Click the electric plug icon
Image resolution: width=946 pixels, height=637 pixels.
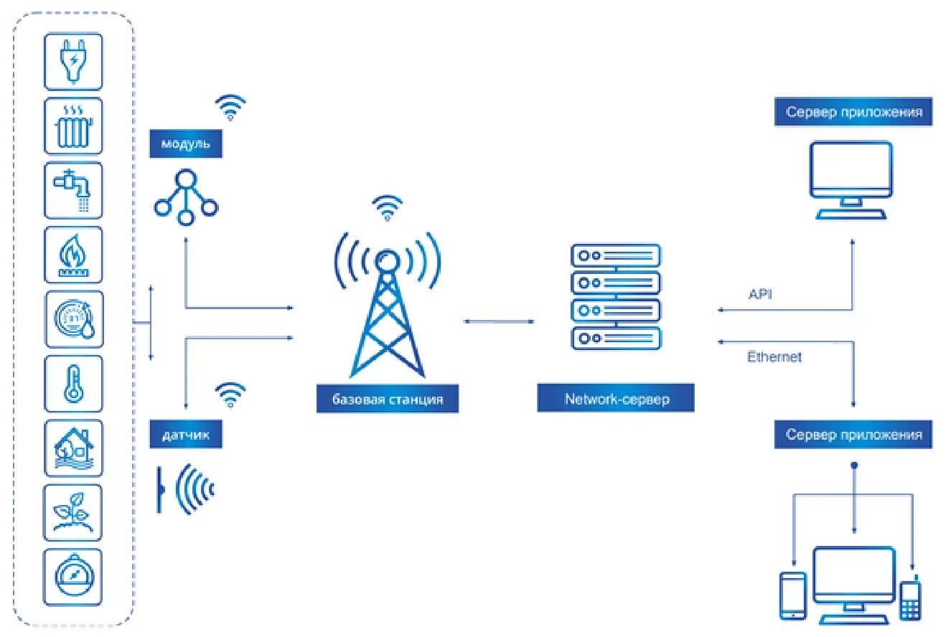pyautogui.click(x=73, y=61)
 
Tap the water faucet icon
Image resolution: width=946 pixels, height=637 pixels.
pyautogui.click(x=73, y=190)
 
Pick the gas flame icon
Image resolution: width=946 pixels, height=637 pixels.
pyautogui.click(x=73, y=255)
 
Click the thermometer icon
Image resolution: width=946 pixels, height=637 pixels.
pyautogui.click(x=73, y=383)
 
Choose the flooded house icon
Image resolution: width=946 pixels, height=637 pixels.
pyautogui.click(x=73, y=448)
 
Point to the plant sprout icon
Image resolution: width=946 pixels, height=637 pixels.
pyautogui.click(x=73, y=512)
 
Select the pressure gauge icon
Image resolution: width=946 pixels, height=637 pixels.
pyautogui.click(x=73, y=577)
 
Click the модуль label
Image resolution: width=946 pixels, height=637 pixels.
pyautogui.click(x=185, y=144)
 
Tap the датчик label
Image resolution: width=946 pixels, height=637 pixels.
pyautogui.click(x=185, y=435)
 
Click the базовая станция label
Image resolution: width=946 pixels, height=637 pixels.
pyautogui.click(x=387, y=399)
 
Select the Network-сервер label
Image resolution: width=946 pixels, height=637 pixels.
pyautogui.click(x=616, y=399)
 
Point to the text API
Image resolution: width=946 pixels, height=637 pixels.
pyautogui.click(x=760, y=294)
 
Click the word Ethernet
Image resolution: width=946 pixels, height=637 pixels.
pyautogui.click(x=774, y=357)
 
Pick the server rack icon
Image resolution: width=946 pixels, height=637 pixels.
pyautogui.click(x=616, y=297)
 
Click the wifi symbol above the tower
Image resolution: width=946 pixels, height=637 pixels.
pyautogui.click(x=388, y=207)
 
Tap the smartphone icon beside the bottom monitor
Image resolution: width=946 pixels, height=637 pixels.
pyautogui.click(x=793, y=595)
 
